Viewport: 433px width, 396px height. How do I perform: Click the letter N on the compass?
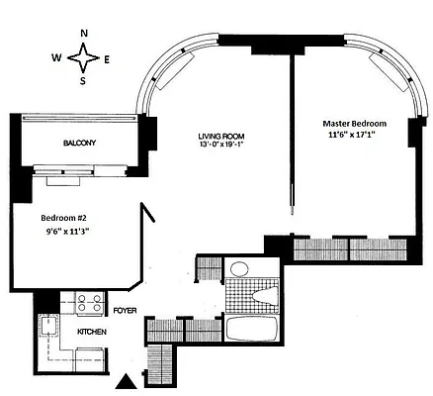click(x=84, y=34)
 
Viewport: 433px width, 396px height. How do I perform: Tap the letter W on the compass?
click(x=56, y=56)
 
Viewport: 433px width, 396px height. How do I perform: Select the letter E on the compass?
click(x=107, y=57)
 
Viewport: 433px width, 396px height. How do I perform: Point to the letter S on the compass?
click(x=82, y=80)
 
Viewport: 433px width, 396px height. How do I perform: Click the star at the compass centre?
click(x=82, y=57)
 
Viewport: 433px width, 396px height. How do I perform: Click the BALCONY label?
click(x=80, y=144)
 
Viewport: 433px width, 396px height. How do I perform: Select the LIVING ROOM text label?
click(x=220, y=135)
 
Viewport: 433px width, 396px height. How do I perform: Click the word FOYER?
click(x=125, y=310)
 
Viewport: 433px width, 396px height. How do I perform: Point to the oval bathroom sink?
click(x=239, y=268)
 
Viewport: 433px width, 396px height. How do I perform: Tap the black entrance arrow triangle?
click(x=128, y=382)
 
